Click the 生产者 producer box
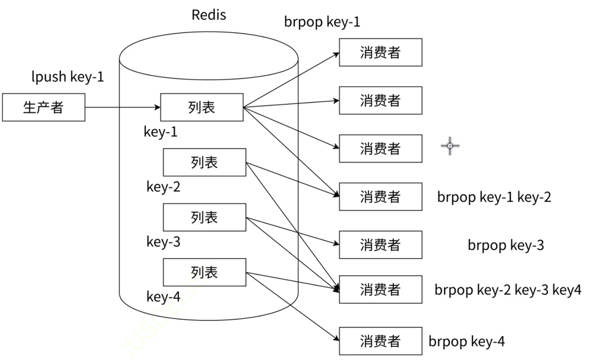tap(43, 107)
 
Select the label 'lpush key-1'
tap(68, 77)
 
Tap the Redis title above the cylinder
tap(209, 15)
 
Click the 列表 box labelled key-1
tap(202, 107)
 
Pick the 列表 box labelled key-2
tap(204, 162)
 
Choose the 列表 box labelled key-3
tap(204, 217)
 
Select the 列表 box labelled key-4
tap(204, 272)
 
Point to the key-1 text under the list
tap(161, 132)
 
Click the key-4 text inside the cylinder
tap(163, 296)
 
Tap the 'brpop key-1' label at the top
tap(322, 22)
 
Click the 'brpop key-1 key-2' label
tap(494, 197)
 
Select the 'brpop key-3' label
tap(506, 245)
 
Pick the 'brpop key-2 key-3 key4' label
tap(508, 290)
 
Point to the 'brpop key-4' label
tap(466, 341)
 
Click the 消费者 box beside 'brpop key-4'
tap(380, 341)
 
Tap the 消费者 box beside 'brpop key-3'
tap(380, 245)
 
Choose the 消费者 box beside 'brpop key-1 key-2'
tap(380, 197)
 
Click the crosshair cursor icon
tap(450, 146)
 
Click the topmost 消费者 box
tap(380, 52)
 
